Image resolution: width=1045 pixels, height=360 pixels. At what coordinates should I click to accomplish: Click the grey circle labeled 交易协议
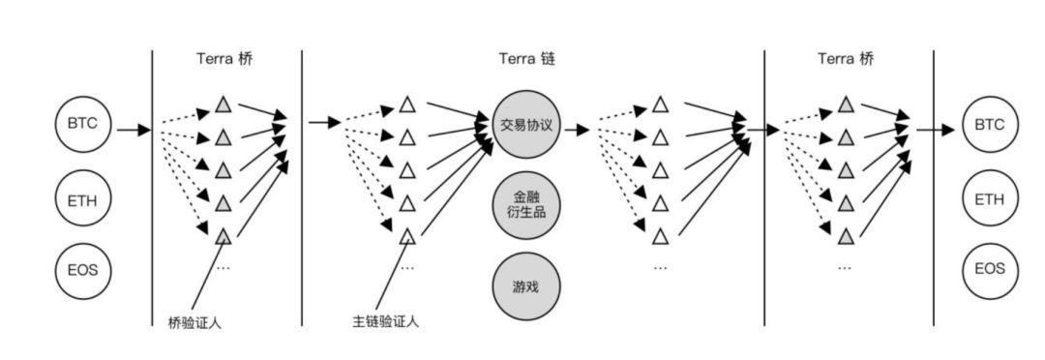[x=525, y=126]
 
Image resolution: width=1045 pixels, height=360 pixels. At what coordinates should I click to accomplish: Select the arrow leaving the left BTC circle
[x=134, y=128]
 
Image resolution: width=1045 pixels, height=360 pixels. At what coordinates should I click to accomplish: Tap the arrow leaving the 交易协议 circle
[x=577, y=128]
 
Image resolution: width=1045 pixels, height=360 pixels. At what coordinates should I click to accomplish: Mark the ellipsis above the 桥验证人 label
[x=223, y=265]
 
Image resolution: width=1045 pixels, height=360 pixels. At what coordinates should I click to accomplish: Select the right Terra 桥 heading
[x=845, y=59]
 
